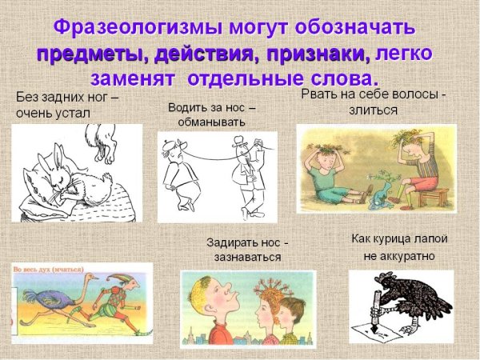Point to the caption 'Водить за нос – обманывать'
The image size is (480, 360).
(212, 114)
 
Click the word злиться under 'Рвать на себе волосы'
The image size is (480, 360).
(373, 110)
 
